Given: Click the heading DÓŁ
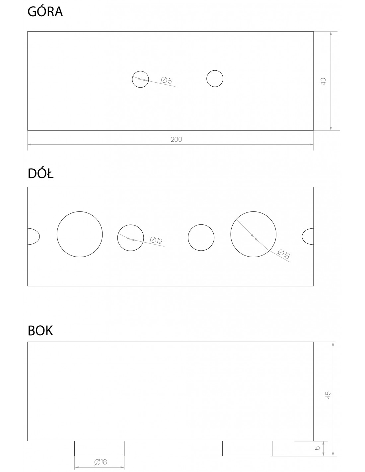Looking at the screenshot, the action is pos(40,174).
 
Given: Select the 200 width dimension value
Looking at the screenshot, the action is pos(176,139).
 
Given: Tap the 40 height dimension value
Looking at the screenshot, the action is pos(323,82).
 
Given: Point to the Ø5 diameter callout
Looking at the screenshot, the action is pos(166,80).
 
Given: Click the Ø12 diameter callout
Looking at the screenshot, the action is pos(156,240).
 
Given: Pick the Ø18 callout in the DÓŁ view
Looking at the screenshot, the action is pos(284,254).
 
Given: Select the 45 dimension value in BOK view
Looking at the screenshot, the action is pos(328,395).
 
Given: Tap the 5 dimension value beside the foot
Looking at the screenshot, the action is pos(318,448).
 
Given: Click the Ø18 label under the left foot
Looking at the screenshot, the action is pos(101,462).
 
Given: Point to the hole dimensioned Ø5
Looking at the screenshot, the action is pos(140,71).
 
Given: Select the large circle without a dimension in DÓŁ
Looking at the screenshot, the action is pos(80,211).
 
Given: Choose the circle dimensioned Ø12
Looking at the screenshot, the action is pos(130,225).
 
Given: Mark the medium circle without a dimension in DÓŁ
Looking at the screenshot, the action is pos(201,225).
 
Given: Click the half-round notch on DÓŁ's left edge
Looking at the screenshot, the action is pos(39,236).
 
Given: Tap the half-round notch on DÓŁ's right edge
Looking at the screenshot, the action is pos(302,236).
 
